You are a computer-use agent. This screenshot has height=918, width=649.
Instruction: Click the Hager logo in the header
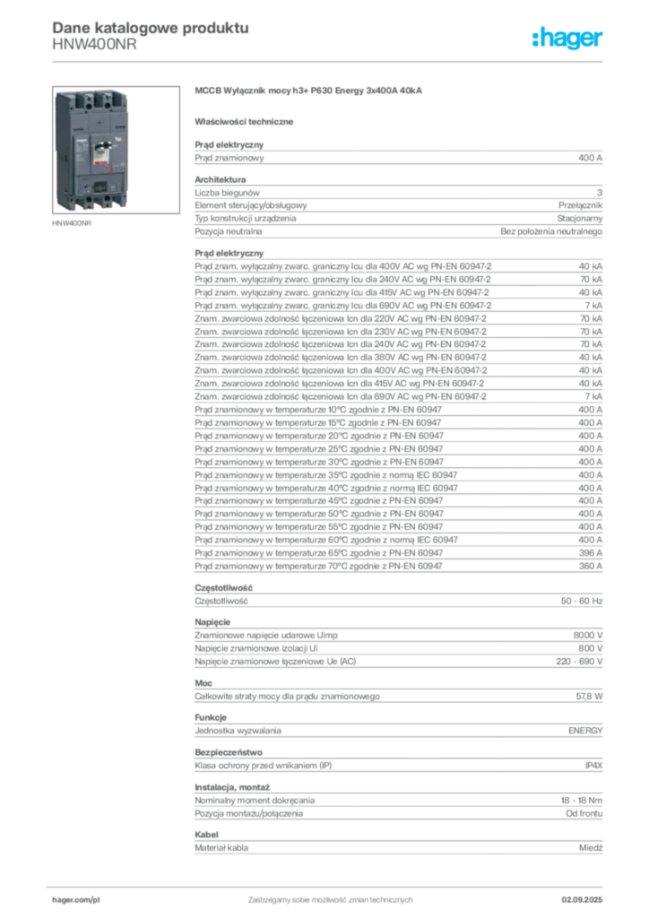coord(567,38)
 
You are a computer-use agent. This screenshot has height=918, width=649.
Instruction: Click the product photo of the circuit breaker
coord(116,150)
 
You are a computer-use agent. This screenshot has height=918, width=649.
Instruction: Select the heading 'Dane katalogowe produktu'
coord(151,28)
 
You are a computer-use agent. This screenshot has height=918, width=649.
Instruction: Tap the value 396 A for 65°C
coord(590,552)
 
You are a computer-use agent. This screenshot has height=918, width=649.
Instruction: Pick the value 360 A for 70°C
coord(590,567)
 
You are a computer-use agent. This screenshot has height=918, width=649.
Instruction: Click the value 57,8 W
coord(589,696)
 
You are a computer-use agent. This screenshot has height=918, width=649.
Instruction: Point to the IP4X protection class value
coord(593,766)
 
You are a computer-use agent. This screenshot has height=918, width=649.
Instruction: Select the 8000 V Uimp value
coord(587,636)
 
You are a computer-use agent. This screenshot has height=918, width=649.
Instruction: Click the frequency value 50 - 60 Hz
coord(581,601)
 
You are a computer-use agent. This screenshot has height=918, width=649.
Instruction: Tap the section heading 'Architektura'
coord(220,179)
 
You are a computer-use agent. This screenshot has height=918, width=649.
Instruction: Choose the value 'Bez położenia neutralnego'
coord(551,231)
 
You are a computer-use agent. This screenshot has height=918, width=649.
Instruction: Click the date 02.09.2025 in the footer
coord(582,900)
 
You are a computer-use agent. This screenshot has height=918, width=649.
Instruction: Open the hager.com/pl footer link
coord(76,900)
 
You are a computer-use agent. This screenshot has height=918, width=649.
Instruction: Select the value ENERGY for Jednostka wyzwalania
coord(585,731)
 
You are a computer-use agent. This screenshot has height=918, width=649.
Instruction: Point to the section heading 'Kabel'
coord(206,835)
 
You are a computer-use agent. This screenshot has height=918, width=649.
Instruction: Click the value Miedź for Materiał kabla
coord(591,848)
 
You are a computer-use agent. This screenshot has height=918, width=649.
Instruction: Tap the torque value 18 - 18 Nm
coord(581,801)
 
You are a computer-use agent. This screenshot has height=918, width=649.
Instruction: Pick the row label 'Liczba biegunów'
coord(227,193)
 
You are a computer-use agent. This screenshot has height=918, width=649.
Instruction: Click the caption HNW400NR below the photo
coord(72,223)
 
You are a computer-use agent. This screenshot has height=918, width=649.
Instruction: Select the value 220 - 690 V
coord(579,662)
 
